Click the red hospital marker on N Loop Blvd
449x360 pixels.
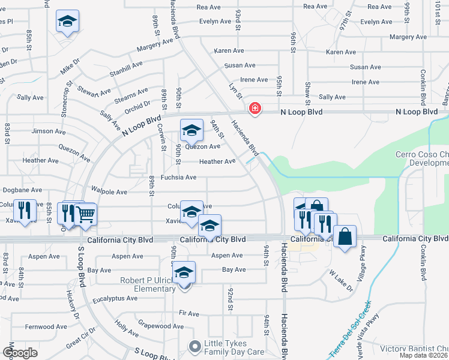click(255, 109)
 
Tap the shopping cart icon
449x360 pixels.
click(86, 213)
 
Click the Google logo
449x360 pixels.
click(20, 353)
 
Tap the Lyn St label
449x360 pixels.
click(235, 91)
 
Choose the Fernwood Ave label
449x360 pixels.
click(41, 327)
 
